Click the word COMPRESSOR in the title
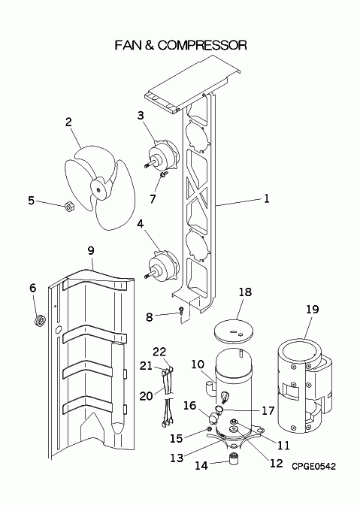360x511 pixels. pos(202,45)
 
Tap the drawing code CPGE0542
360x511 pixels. pos(313,467)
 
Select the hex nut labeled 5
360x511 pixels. pos(68,206)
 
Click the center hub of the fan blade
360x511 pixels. pos(98,189)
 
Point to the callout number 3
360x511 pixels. pos(141,115)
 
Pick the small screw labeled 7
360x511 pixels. pos(163,175)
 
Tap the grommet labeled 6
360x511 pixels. pos(40,320)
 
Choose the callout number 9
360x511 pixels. pos(91,250)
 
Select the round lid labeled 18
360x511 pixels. pos(234,331)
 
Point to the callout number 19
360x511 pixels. pos(312,309)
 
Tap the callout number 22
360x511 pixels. pos(159,352)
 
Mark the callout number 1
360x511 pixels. pos(267,198)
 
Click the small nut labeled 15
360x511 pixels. pos(210,428)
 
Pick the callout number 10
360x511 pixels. pos(198,364)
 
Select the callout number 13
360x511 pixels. pos(177,458)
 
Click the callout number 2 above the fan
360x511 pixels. pos(68,122)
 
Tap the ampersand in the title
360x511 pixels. pos(149,45)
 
